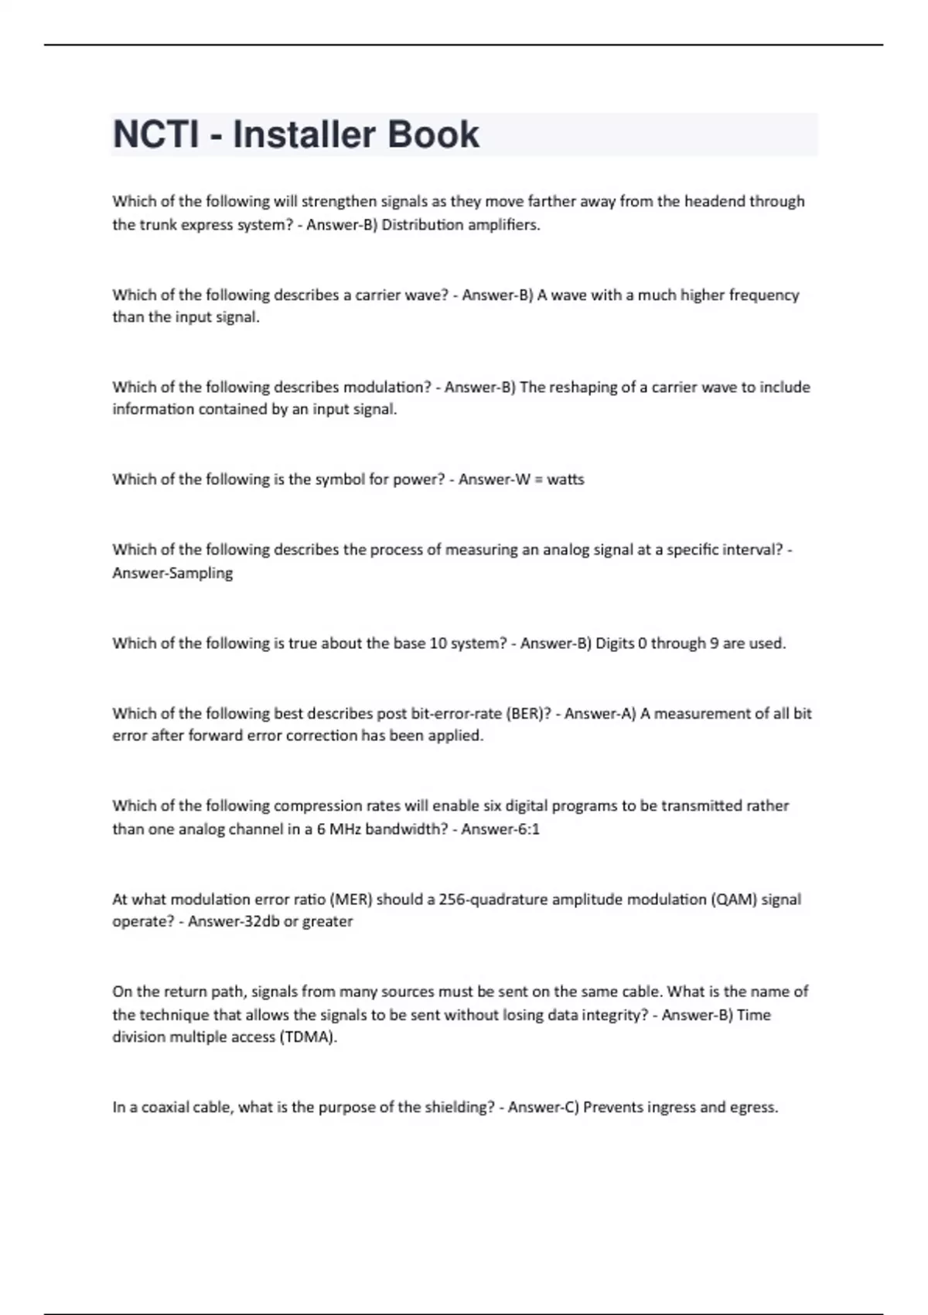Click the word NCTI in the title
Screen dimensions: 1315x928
click(155, 135)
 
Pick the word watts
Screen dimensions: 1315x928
click(565, 480)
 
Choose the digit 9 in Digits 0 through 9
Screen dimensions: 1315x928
click(714, 644)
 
